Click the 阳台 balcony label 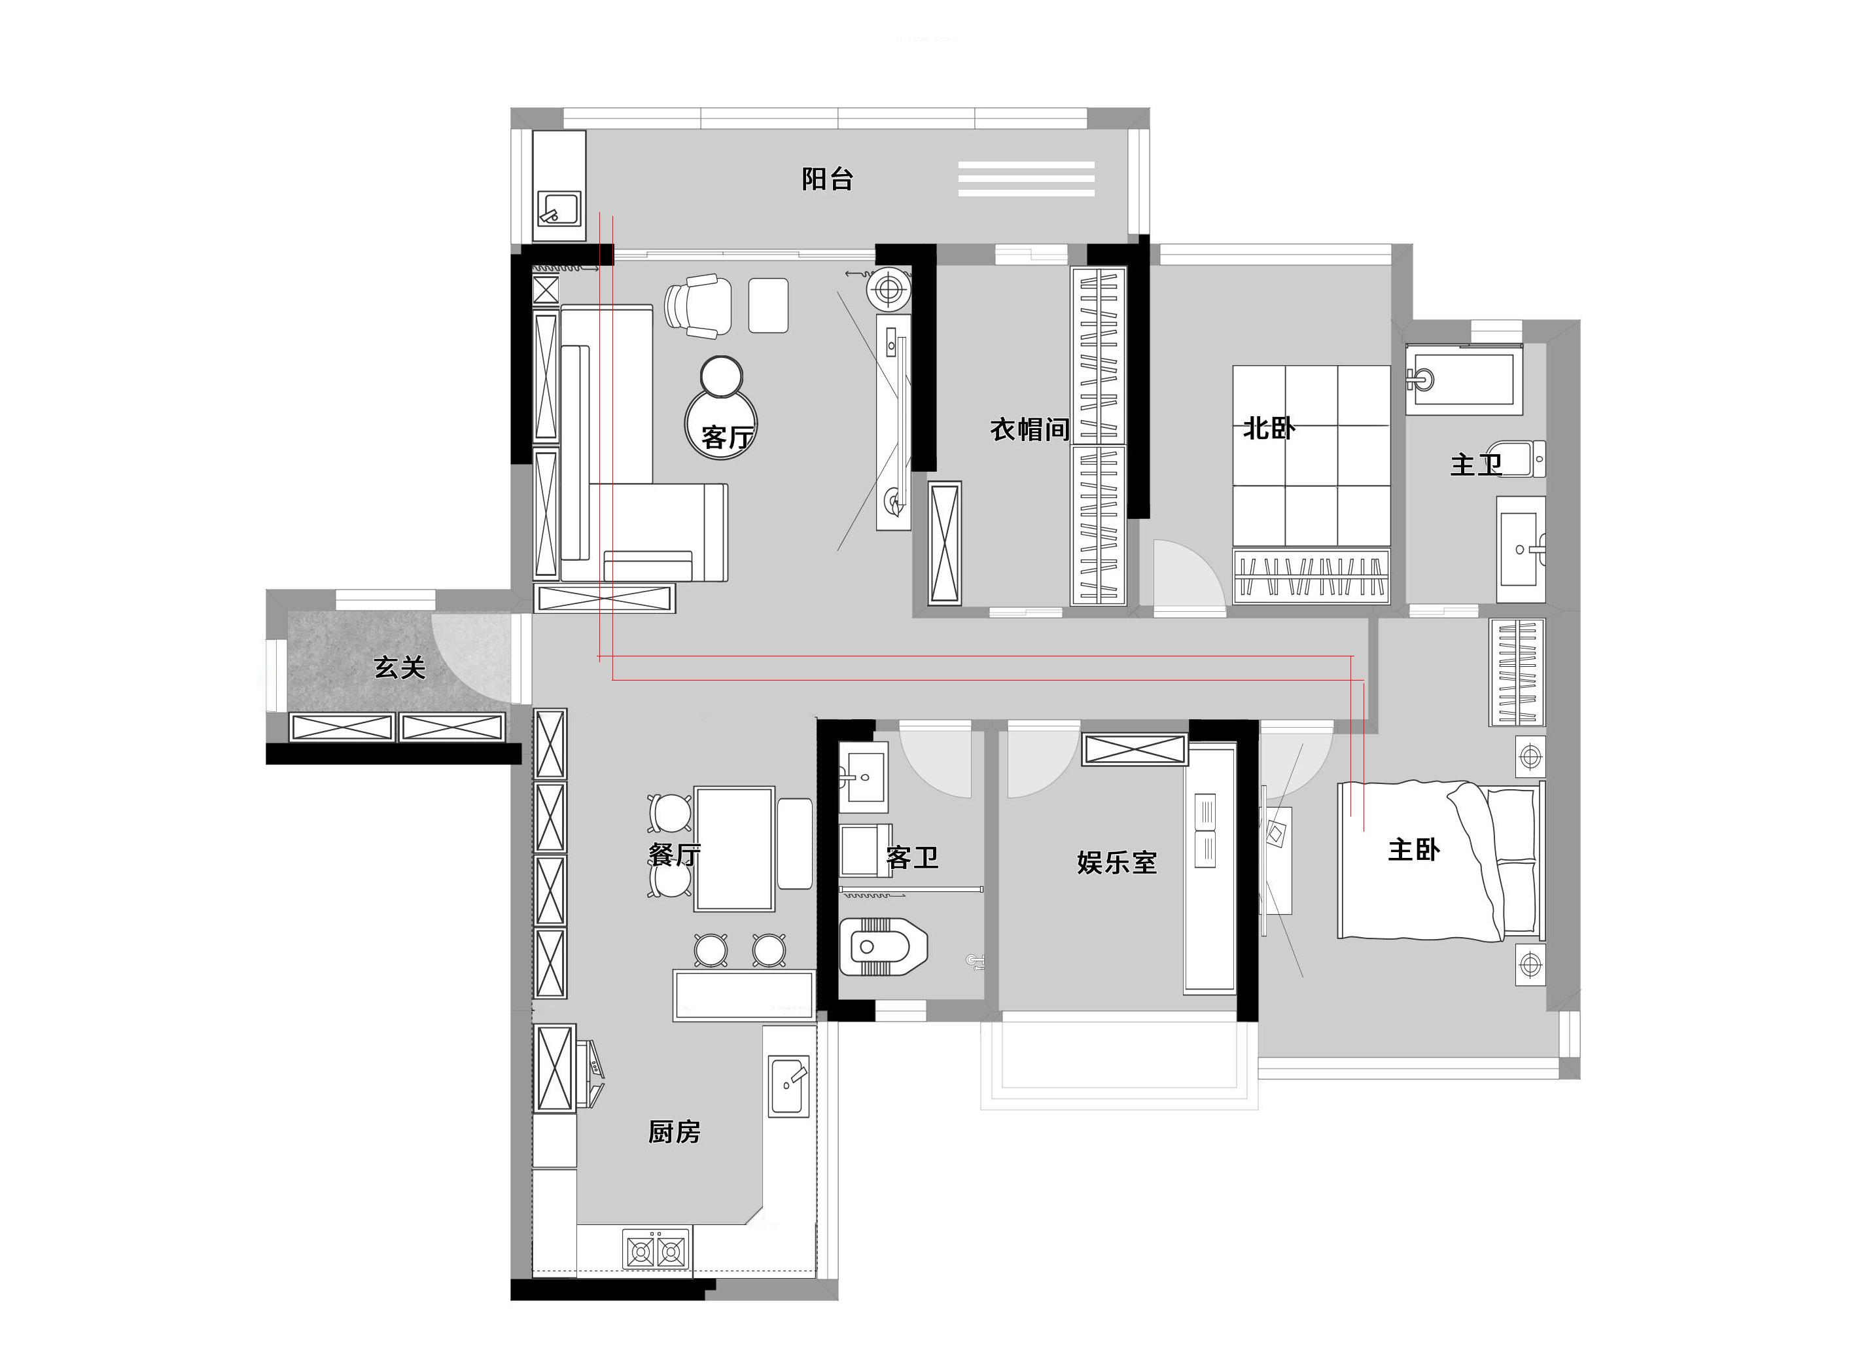pyautogui.click(x=827, y=179)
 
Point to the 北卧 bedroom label pyautogui.click(x=1269, y=428)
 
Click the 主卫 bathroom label pyautogui.click(x=1475, y=465)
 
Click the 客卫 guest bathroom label pyautogui.click(x=911, y=857)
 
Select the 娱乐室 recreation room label pyautogui.click(x=1116, y=862)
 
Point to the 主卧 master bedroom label pyautogui.click(x=1413, y=849)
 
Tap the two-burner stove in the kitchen pyautogui.click(x=656, y=1251)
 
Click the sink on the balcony pyautogui.click(x=559, y=209)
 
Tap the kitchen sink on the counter pyautogui.click(x=790, y=1086)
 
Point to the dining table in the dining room pyautogui.click(x=734, y=849)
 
